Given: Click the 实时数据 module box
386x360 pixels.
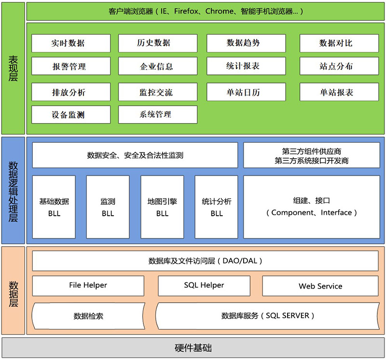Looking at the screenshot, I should [68, 43].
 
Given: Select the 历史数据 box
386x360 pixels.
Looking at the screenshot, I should [157, 43].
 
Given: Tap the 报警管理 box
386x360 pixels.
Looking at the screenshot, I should [68, 67].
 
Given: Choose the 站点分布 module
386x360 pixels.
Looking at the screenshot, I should [336, 67].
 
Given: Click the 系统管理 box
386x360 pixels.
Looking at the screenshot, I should [157, 115].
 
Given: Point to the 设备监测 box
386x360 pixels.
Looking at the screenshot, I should [68, 115].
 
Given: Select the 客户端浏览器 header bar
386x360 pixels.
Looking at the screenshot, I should [206, 11].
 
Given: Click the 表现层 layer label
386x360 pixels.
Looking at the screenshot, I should [13, 68].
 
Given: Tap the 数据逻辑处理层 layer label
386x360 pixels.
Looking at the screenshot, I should [13, 191].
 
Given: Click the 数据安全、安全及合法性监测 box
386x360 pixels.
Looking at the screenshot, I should [135, 155].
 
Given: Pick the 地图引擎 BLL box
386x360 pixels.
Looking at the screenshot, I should [162, 207].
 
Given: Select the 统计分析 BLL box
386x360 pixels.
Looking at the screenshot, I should [217, 207].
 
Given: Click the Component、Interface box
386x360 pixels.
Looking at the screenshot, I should [311, 207].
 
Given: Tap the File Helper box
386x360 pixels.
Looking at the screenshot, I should [88, 286].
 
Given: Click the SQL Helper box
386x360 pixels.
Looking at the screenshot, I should [204, 286].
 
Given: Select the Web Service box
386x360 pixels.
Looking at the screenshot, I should [320, 286].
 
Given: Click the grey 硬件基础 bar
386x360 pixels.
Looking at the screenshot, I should [193, 348].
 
